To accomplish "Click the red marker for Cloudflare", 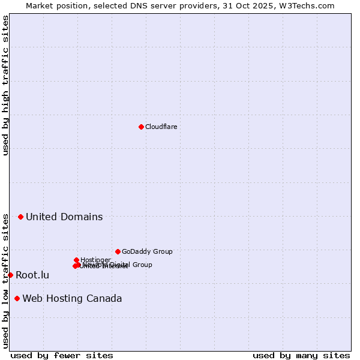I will [141, 127].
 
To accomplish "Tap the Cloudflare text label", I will [161, 127].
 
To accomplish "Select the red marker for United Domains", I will [20, 217].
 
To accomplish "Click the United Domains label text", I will [64, 217].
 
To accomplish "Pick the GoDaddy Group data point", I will [118, 251].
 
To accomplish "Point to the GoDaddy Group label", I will [147, 251].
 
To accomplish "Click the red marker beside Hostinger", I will [76, 260].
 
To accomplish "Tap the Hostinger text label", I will [96, 260].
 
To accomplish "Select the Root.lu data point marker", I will [10, 275].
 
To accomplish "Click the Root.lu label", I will [32, 275].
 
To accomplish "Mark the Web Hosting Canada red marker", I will [17, 298].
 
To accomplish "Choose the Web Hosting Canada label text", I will [72, 298].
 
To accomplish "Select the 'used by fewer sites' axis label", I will [62, 355].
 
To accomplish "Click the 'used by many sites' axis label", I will [301, 355].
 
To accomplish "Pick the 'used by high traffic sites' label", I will [5, 85].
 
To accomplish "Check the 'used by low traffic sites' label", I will [5, 281].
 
